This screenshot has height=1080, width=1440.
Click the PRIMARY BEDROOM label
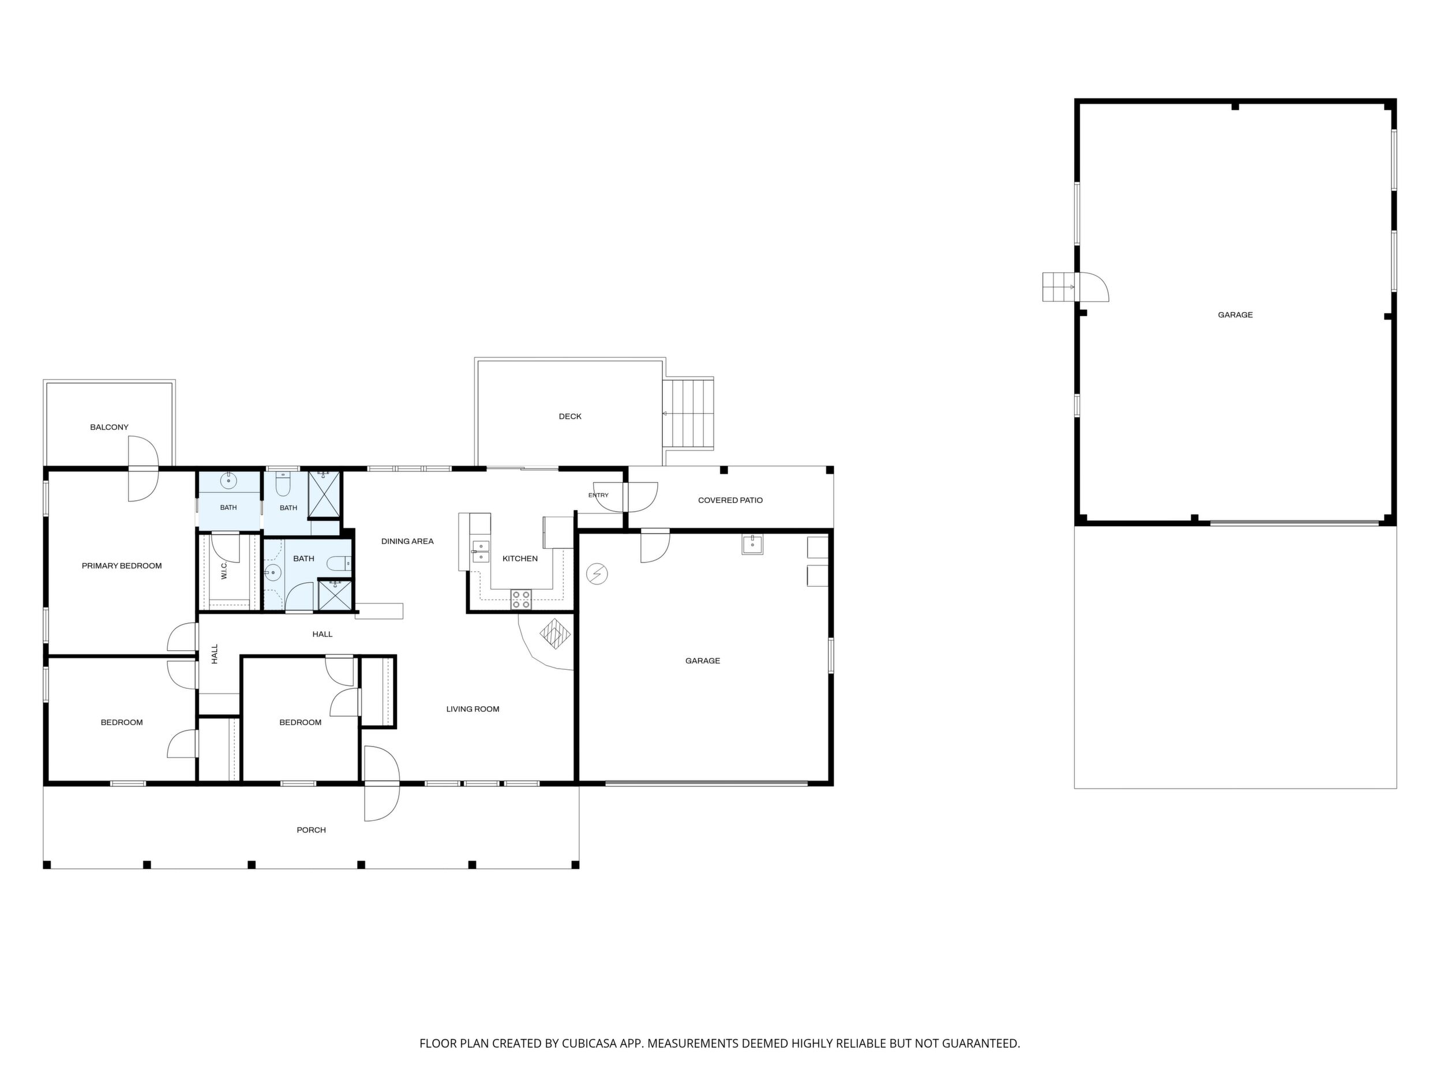pos(122,566)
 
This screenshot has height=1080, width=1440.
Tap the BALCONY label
pos(110,427)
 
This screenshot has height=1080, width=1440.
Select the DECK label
pos(570,416)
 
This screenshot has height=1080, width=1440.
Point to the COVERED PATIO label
pos(730,500)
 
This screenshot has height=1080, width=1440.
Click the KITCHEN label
pos(520,558)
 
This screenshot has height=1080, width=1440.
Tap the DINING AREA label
pos(407,541)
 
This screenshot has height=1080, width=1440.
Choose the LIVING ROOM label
pos(472,709)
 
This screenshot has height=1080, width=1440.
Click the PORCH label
pos(311,830)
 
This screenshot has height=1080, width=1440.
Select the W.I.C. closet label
pos(224,572)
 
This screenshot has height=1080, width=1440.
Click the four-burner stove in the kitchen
pos(521,599)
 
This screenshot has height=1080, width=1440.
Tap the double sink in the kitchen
pos(481,552)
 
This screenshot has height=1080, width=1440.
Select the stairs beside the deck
pos(688,414)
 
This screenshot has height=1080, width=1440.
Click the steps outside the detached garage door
pos(1059,287)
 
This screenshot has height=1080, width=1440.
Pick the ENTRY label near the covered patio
pos(598,496)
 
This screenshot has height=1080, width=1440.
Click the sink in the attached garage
pos(752,544)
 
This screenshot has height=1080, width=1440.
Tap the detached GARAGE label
pos(1235,314)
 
